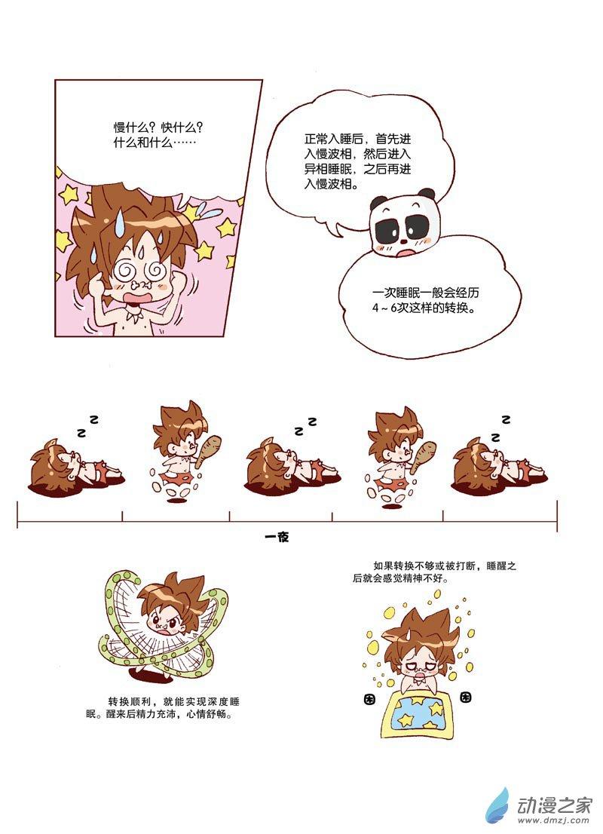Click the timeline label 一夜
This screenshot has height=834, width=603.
[x=277, y=537]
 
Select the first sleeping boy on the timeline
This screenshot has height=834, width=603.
[x=74, y=463]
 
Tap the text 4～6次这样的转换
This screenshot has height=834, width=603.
[x=422, y=308]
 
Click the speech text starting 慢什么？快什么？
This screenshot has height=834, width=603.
[x=158, y=135]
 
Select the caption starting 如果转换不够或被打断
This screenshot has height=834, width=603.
[x=434, y=572]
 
